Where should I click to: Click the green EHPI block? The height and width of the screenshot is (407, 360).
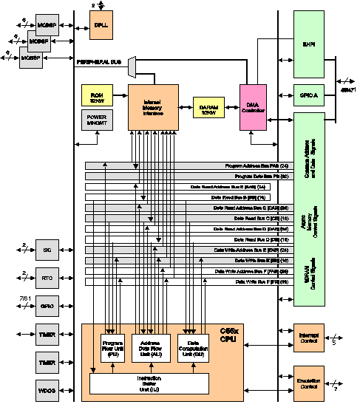(309, 44)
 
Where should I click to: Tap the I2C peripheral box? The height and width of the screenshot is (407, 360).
(47, 250)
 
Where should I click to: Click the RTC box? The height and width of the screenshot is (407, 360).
(47, 278)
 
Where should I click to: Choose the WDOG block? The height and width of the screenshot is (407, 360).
(47, 389)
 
